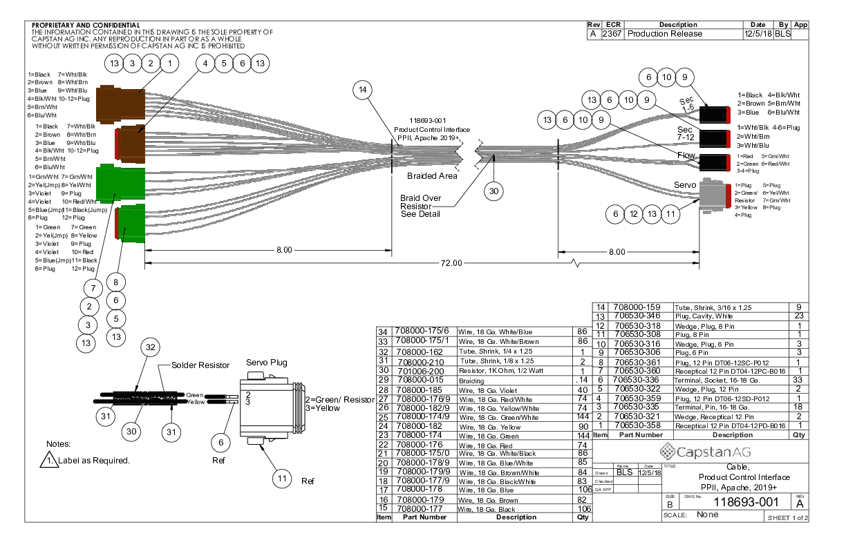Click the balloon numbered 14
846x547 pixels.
tap(364, 90)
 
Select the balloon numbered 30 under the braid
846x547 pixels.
tap(493, 192)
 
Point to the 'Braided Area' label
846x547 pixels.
tap(432, 176)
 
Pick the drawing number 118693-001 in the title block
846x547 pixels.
tap(746, 502)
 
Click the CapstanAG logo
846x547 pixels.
tap(700, 453)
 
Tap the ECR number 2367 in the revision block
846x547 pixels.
tap(612, 33)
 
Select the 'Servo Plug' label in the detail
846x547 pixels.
tap(266, 363)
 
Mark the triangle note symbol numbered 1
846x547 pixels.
tap(48, 459)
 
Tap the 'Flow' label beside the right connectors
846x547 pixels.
tap(686, 155)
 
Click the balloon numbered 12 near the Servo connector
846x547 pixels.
tap(633, 215)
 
